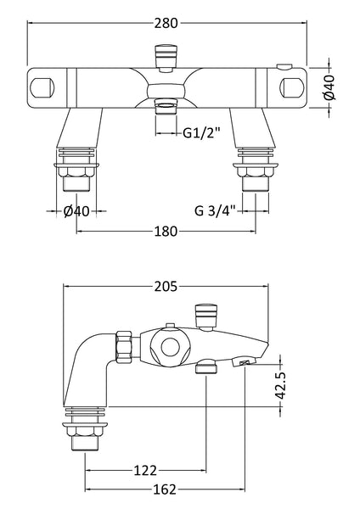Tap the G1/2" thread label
tap(201, 132)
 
